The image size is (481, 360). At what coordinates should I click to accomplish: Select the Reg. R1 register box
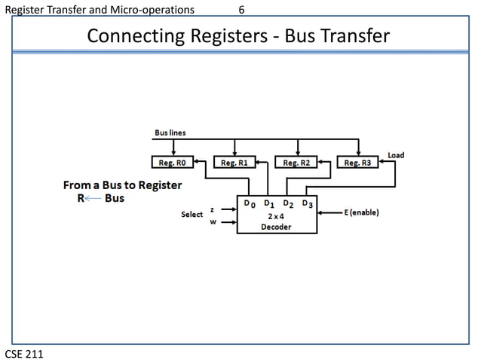coord(235,163)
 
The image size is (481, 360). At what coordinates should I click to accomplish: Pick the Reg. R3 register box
coord(357,163)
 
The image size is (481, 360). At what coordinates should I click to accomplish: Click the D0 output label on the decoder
coord(250,203)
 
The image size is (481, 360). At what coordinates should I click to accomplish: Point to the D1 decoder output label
coord(269,203)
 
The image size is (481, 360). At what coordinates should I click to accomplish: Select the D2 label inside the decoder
coord(288,203)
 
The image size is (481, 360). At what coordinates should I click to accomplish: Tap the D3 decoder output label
coord(308,203)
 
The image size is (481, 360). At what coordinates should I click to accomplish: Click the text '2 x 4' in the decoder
coord(277,215)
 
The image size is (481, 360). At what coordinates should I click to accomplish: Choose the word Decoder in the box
coord(277,227)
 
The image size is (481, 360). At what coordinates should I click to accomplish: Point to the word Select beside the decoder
coord(192,215)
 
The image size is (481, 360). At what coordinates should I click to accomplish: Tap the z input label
coord(212,209)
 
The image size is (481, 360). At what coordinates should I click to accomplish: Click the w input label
coord(212,221)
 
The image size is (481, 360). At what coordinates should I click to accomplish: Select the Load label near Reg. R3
coord(395,155)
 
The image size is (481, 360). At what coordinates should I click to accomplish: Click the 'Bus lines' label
coord(170,133)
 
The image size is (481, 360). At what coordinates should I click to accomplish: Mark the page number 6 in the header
coord(240,9)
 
